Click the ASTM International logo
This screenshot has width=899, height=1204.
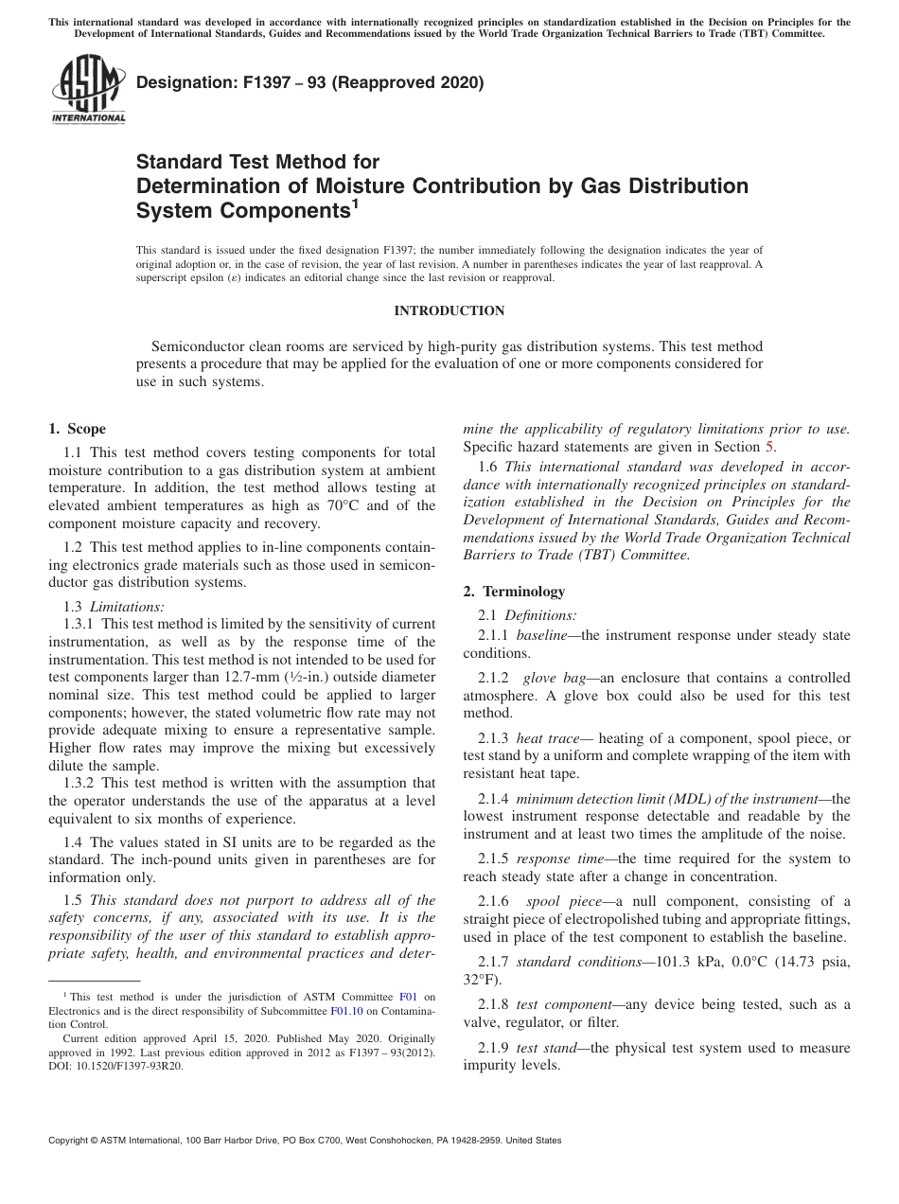[x=88, y=90]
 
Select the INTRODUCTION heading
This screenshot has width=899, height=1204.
[x=449, y=310]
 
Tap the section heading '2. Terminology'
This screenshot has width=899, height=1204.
[x=514, y=592]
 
